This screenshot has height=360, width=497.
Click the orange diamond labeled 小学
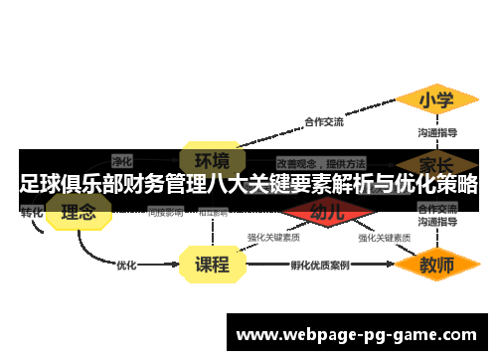point(436,99)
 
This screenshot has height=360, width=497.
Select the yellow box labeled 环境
point(211,159)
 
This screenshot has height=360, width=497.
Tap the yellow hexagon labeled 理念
point(79,212)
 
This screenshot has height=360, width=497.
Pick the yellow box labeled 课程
point(211,266)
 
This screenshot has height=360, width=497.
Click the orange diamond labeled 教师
point(436,266)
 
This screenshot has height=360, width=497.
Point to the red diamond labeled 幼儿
point(327,211)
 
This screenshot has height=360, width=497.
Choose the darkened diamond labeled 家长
point(436,161)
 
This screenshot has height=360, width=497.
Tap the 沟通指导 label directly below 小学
point(436,132)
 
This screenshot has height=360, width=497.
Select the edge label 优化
point(126,266)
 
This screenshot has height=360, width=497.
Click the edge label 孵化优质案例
point(319,266)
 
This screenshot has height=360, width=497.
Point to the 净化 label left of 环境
point(122,159)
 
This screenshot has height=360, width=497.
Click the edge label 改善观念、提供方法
point(320,161)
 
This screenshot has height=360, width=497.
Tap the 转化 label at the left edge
point(32,212)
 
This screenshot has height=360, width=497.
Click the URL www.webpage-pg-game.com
point(356,335)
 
